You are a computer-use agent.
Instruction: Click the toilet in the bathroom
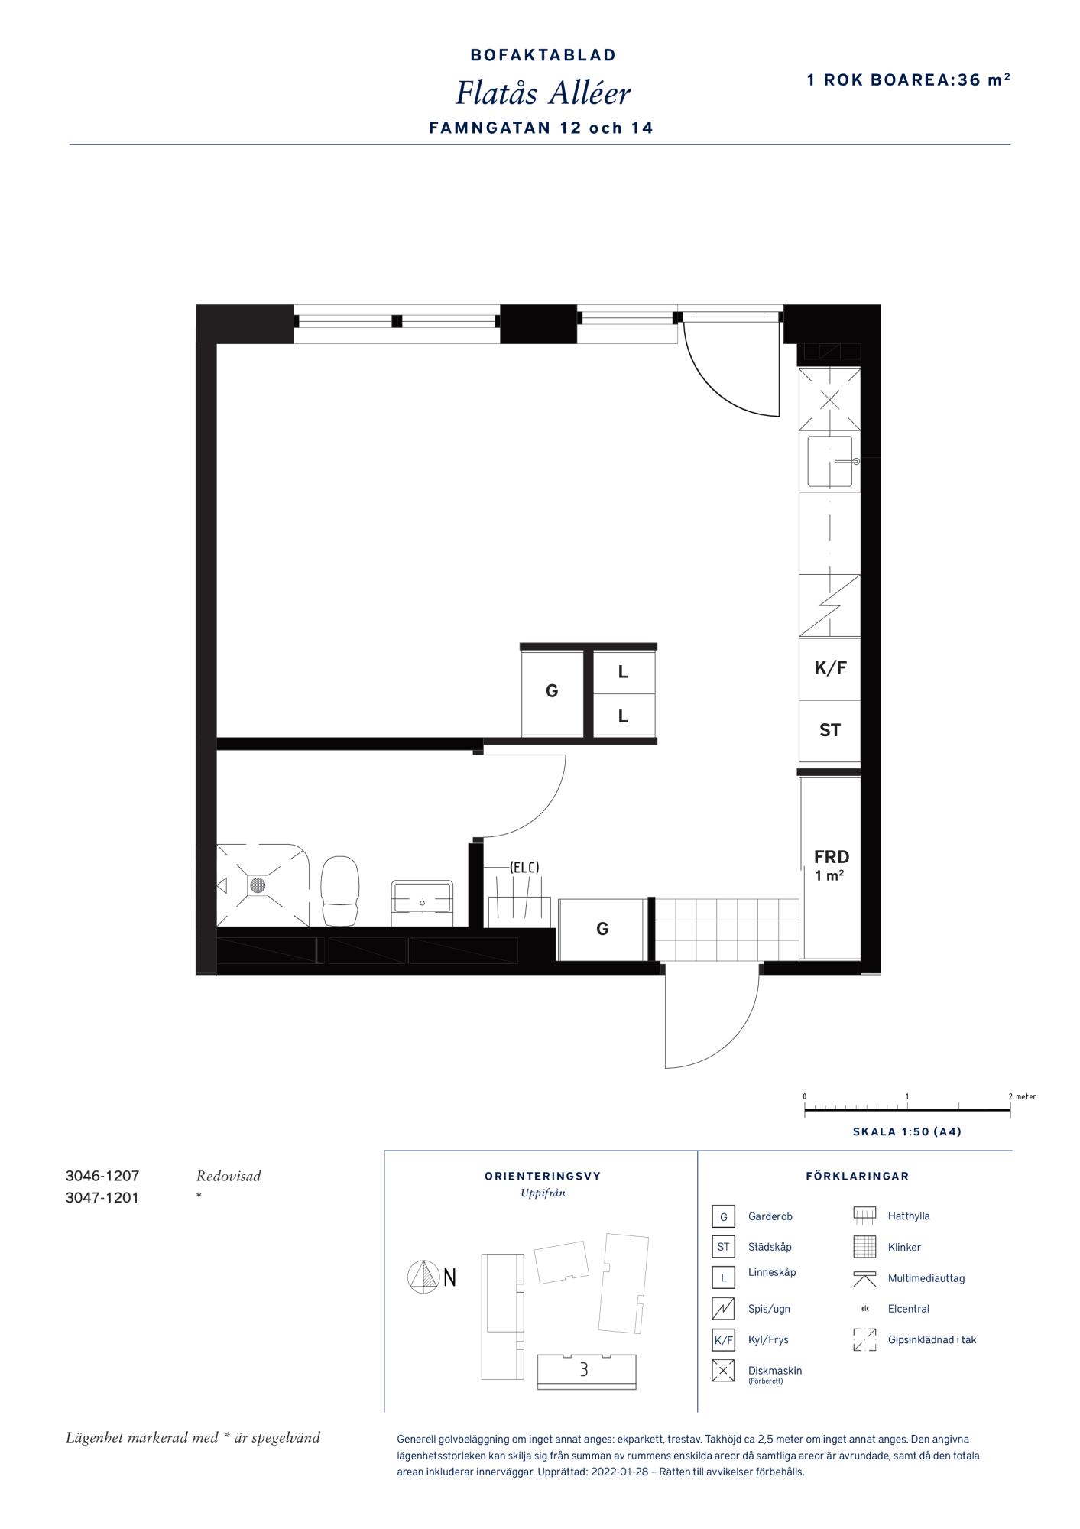(x=339, y=891)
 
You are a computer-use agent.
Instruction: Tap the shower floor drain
(x=258, y=885)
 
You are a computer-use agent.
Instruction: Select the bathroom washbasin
(x=422, y=897)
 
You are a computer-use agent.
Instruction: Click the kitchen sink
(x=830, y=461)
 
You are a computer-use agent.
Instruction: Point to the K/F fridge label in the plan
(x=830, y=667)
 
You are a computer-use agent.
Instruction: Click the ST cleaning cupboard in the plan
(x=830, y=731)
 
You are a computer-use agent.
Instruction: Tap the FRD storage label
(x=832, y=857)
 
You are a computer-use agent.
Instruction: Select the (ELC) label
(x=524, y=867)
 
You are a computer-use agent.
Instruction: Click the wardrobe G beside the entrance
(x=602, y=929)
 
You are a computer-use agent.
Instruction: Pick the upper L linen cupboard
(x=624, y=672)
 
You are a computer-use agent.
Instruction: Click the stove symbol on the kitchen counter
(x=830, y=605)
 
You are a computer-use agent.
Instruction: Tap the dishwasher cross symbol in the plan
(x=830, y=399)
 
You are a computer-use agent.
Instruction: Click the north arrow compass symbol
(x=422, y=1277)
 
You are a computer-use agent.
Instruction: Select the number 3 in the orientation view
(x=584, y=1369)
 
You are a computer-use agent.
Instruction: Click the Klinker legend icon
(x=864, y=1247)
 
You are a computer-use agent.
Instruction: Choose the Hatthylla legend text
(x=909, y=1216)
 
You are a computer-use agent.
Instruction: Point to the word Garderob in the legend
(x=770, y=1216)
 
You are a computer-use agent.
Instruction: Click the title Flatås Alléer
(x=543, y=93)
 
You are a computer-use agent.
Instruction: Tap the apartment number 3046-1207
(x=102, y=1177)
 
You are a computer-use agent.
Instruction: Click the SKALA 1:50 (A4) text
(x=907, y=1131)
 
